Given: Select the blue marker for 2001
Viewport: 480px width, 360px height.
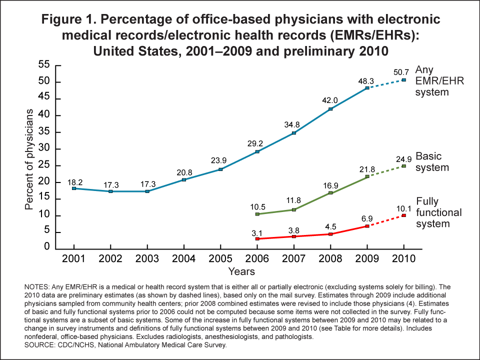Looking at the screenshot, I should tap(74, 188).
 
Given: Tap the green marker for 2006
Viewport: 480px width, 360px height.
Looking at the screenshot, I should tap(257, 214).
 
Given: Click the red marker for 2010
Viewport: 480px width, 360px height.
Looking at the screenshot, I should tap(404, 215).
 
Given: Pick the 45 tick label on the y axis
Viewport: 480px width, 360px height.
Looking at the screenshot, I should tap(45, 98).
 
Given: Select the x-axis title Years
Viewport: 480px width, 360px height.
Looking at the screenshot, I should tap(241, 272).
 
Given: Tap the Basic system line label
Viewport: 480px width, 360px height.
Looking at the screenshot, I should tap(432, 161).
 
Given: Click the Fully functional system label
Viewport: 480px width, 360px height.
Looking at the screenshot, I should tap(438, 212).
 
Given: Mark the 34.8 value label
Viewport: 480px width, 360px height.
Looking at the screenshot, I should tap(294, 123).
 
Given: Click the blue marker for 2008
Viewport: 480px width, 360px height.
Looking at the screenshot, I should tap(330, 109).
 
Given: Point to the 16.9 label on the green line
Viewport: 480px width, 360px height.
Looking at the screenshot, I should tap(331, 183).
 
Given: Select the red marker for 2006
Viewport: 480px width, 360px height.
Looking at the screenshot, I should tap(257, 239).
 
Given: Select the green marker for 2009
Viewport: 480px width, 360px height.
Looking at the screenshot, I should tap(367, 176).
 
